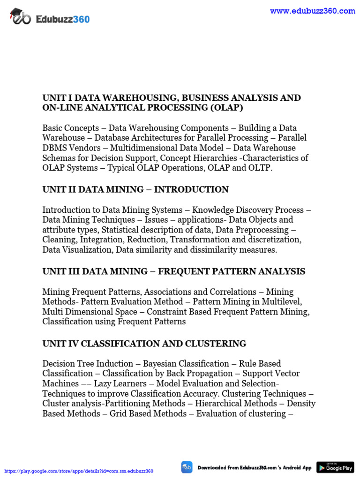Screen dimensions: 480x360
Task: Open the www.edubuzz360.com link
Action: [x=312, y=11]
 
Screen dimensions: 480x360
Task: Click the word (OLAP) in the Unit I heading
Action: [x=226, y=108]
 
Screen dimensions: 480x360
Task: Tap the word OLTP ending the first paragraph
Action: [x=259, y=168]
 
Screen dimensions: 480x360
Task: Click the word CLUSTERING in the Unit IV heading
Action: [x=215, y=344]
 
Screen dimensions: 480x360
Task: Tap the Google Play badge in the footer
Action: [x=335, y=467]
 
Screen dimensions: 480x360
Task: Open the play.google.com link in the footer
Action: [x=79, y=471]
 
